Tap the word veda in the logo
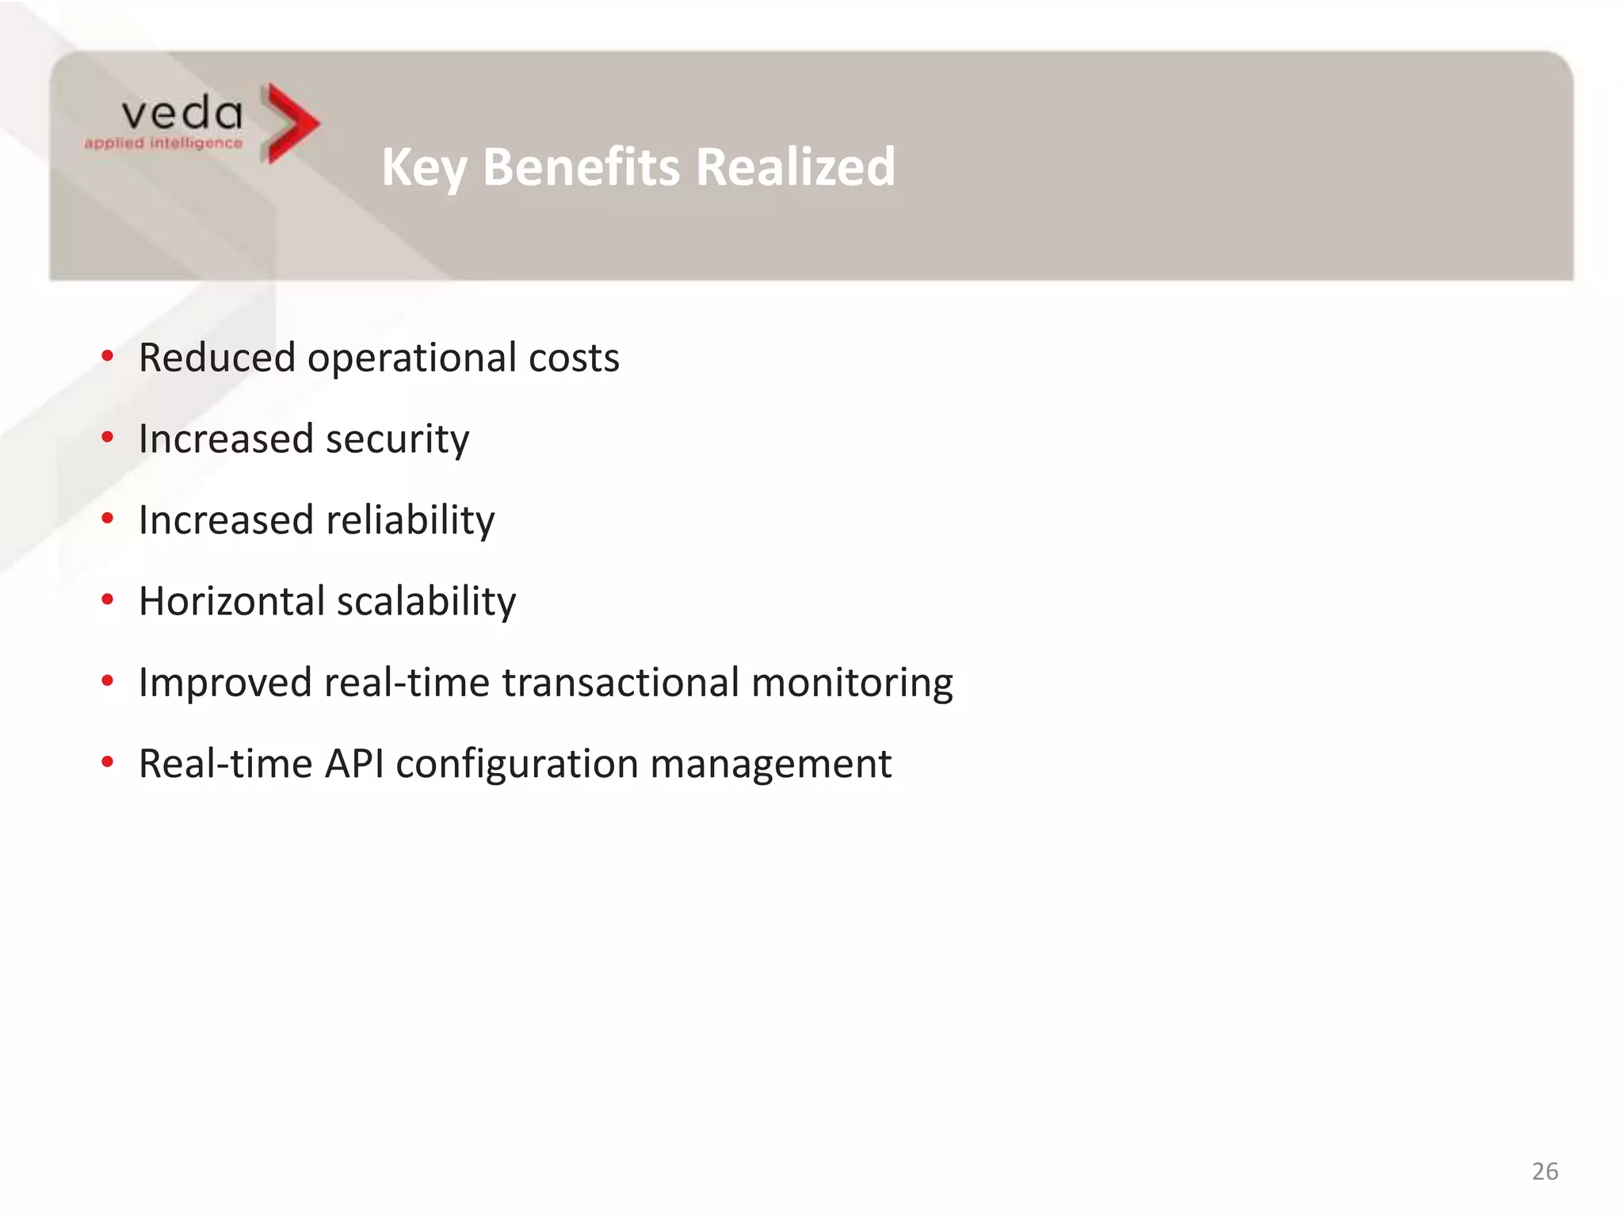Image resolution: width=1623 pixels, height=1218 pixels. click(x=182, y=114)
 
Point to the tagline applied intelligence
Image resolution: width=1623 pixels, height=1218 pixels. click(x=163, y=144)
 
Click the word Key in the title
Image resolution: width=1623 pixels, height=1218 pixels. click(x=424, y=167)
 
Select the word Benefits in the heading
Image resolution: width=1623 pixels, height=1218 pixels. click(x=581, y=167)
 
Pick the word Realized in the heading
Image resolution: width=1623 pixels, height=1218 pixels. click(x=796, y=167)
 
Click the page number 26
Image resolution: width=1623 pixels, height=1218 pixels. click(x=1545, y=1171)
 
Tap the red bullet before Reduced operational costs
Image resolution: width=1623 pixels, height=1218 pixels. click(x=108, y=356)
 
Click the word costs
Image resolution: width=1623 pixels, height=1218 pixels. click(x=574, y=358)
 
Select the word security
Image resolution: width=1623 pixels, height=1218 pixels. click(x=397, y=439)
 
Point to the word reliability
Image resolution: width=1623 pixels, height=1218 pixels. click(x=411, y=521)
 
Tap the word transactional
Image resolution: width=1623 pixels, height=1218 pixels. click(x=621, y=683)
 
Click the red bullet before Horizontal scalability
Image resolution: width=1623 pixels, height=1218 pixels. click(x=108, y=600)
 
